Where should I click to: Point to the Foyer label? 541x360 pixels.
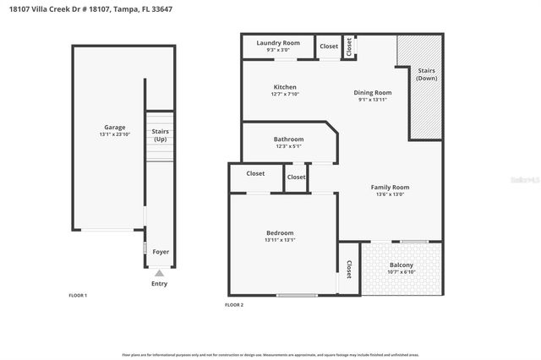(160, 252)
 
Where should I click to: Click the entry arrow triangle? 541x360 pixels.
(160, 273)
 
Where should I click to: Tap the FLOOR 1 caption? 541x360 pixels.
(78, 295)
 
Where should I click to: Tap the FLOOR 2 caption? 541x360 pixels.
(233, 304)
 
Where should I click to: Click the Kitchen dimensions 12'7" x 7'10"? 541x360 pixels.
(285, 95)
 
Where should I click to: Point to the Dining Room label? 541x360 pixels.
(372, 92)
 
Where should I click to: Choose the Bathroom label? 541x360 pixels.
(288, 139)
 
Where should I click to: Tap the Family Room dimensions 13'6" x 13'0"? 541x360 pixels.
(390, 194)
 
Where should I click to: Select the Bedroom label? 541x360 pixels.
(279, 232)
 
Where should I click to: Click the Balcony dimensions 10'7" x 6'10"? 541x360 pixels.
(402, 272)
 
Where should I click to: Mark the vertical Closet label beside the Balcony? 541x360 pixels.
(349, 269)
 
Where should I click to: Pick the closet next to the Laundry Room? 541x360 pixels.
(329, 46)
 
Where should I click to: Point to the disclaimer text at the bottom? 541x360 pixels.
(270, 355)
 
